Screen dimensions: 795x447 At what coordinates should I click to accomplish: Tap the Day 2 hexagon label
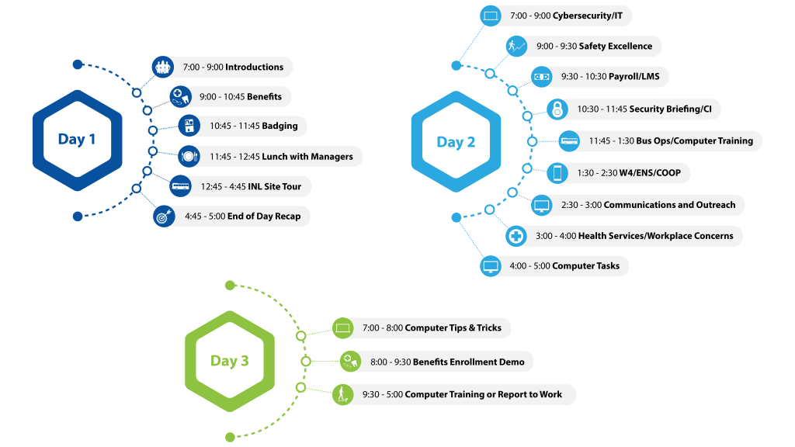(456, 143)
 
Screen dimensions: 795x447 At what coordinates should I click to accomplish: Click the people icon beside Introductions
(163, 67)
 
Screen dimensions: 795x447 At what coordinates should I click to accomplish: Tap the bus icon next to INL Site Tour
(180, 186)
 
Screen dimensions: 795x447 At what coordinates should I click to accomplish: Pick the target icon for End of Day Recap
(164, 217)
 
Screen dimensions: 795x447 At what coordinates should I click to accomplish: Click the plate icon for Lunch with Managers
(189, 157)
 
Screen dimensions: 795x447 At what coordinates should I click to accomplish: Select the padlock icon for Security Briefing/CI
(557, 109)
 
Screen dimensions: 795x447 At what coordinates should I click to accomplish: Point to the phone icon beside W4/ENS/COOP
(557, 173)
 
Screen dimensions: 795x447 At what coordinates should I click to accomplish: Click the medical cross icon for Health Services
(516, 236)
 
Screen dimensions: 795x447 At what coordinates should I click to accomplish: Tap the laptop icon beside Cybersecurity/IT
(491, 16)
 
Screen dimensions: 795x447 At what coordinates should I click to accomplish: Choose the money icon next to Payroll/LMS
(541, 77)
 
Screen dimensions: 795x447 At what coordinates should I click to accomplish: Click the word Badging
(279, 126)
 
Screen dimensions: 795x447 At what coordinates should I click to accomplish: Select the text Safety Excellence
(616, 46)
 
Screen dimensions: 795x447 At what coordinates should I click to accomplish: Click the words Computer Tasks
(585, 266)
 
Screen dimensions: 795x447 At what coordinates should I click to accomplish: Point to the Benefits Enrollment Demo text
(468, 362)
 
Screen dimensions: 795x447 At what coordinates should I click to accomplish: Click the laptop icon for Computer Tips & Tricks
(342, 328)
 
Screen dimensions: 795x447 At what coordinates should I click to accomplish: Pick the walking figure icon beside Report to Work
(342, 394)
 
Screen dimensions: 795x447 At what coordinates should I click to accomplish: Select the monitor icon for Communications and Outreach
(541, 205)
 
